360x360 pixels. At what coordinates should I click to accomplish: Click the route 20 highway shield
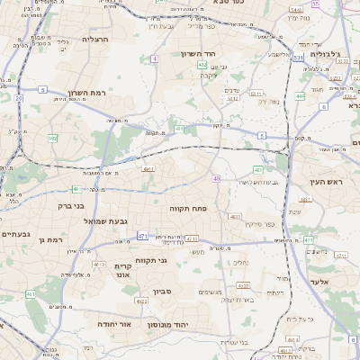pyautogui.click(x=18, y=99)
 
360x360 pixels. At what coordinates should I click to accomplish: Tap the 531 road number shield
pyautogui.click(x=298, y=58)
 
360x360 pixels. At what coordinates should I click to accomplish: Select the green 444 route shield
pyautogui.click(x=300, y=94)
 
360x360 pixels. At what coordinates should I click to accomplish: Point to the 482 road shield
pyautogui.click(x=53, y=139)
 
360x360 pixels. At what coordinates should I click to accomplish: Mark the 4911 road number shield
pyautogui.click(x=148, y=167)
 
